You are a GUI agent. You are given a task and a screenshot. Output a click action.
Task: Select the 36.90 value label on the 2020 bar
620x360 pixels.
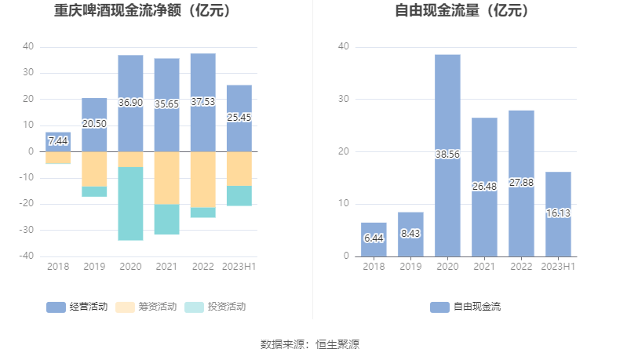coord(130,103)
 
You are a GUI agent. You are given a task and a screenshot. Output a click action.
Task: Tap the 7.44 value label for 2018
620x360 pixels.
coord(58,141)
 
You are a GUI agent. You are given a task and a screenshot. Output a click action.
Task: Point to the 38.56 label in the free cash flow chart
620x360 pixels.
coord(447,155)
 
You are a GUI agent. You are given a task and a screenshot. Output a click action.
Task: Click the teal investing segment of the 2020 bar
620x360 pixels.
coord(130,204)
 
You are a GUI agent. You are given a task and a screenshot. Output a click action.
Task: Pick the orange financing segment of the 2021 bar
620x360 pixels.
coord(166,177)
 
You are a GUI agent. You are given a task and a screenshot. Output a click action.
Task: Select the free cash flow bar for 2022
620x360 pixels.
coord(521,183)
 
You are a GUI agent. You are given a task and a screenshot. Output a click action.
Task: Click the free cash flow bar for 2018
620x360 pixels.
coord(374,239)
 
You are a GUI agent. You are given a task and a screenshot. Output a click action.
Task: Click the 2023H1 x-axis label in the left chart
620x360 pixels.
coord(239,267)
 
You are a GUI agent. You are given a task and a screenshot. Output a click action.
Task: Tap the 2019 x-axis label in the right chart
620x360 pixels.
coord(410,267)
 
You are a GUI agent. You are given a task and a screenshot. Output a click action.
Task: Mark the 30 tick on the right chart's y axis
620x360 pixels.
coord(344,100)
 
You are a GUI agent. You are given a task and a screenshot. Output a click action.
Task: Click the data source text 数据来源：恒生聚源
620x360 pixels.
coord(310,344)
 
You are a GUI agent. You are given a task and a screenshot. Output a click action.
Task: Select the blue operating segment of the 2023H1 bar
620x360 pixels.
coord(239,118)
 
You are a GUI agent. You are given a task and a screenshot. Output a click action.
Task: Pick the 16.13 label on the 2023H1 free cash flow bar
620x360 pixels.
coord(558,213)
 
